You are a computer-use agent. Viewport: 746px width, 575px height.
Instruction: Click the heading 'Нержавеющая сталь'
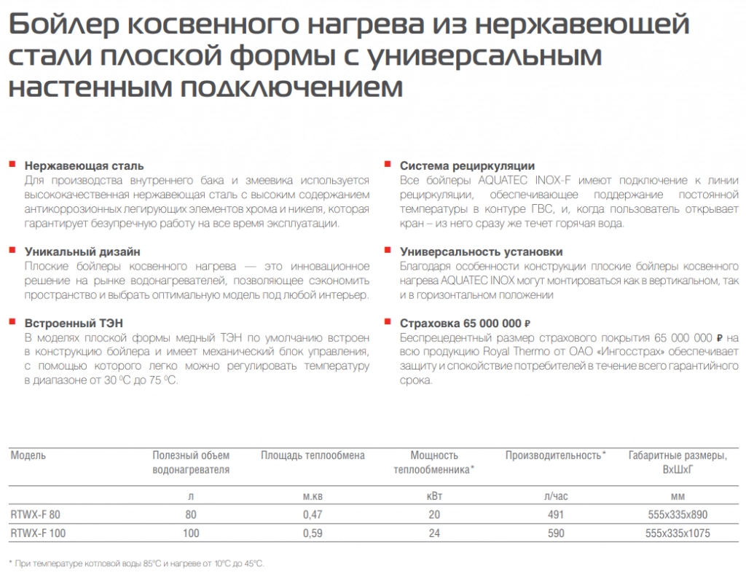click(x=84, y=166)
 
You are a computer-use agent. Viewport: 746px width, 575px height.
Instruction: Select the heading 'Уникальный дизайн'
click(x=82, y=251)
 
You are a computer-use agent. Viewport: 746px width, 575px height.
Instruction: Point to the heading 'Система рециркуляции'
click(x=467, y=166)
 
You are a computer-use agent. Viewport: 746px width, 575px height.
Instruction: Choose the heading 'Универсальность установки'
click(x=481, y=251)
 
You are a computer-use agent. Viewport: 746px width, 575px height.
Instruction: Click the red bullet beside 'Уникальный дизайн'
click(x=12, y=250)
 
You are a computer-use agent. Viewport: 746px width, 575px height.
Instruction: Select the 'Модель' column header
click(x=28, y=455)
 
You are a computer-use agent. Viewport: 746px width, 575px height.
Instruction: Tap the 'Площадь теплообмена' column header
click(x=313, y=455)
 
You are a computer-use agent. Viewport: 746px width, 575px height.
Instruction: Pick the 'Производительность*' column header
click(x=556, y=455)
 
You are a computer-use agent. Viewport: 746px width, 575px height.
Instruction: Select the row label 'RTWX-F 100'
click(x=38, y=533)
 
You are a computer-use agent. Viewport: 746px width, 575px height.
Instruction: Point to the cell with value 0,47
click(x=313, y=515)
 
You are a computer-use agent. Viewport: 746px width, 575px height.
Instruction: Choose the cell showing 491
click(x=555, y=515)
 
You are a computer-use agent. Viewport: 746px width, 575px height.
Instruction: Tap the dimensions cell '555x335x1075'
click(x=678, y=533)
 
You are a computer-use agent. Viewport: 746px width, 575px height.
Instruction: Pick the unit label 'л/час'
click(x=555, y=496)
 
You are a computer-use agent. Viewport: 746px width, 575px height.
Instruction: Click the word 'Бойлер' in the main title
click(x=60, y=26)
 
